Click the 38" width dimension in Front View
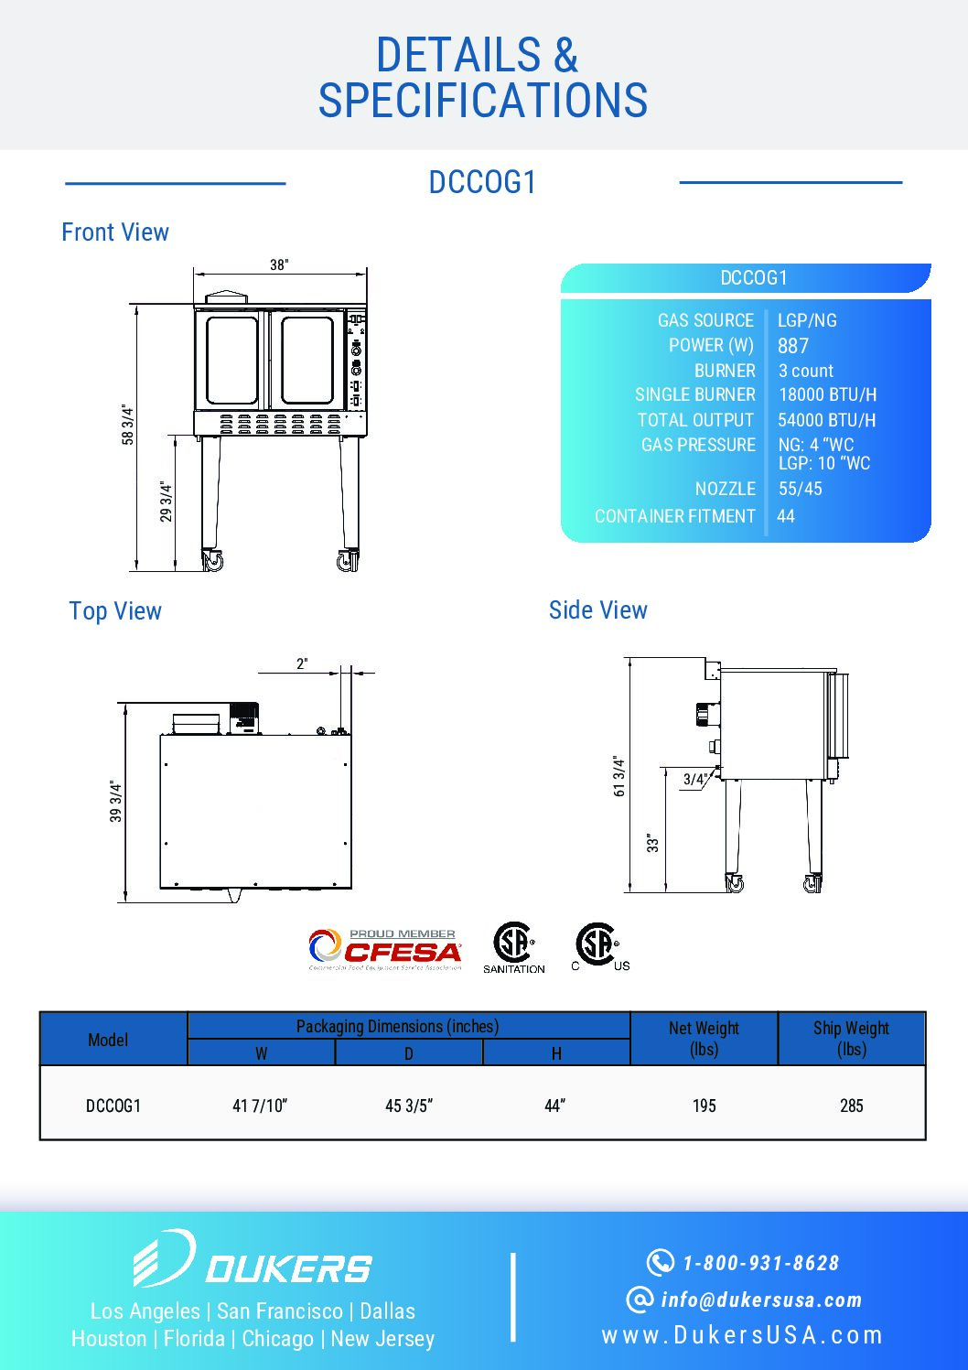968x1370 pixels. pos(279,265)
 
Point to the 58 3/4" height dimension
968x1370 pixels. pos(128,426)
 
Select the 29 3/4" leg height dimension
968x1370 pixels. pos(166,502)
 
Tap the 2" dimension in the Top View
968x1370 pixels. pos(302,663)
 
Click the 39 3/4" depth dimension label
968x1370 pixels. pos(116,802)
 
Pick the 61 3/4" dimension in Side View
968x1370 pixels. pos(619,776)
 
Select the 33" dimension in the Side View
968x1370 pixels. pos(653,843)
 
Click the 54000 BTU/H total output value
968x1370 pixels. pos(827,420)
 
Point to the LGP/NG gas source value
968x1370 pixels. pos(807,320)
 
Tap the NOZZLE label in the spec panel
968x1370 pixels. pos(725,489)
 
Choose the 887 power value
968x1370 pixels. pos(793,346)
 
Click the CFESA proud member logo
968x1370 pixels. pos(385,949)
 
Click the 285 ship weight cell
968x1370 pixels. pos(851,1106)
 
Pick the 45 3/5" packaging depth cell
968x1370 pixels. pos(408,1106)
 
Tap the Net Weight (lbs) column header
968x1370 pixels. pos(704,1039)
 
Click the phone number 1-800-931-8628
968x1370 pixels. pos(760,1263)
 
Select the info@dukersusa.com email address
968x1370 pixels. pos(761,1300)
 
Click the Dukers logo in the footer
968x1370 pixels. pos(252,1259)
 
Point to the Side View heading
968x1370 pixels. pos(597,610)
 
